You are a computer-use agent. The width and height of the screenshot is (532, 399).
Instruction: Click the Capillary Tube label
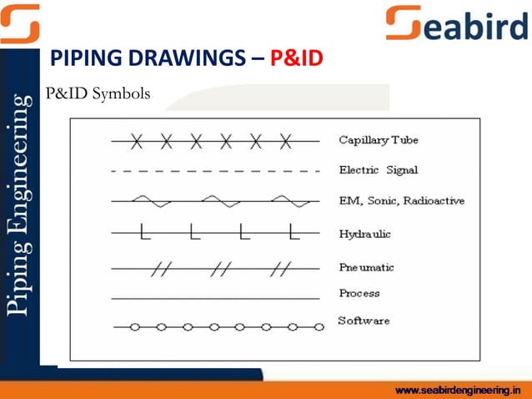pos(378,139)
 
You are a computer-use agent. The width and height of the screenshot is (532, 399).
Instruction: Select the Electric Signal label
pos(378,170)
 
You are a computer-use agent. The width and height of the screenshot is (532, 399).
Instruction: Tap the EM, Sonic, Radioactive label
pos(401,201)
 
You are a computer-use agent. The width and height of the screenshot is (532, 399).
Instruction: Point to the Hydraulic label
pos(364,234)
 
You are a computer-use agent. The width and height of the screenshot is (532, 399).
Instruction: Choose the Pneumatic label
pos(366,267)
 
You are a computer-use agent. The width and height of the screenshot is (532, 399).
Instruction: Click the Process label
pos(359,293)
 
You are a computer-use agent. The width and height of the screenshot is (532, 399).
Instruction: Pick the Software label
pos(363,321)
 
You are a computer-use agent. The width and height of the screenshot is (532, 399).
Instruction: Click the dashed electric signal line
pos(215,171)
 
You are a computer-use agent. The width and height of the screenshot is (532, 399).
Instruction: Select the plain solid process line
pos(215,297)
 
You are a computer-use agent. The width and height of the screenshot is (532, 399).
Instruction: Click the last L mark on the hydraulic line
pos(291,232)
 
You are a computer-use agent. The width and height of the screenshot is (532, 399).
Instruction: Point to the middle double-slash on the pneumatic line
pos(222,268)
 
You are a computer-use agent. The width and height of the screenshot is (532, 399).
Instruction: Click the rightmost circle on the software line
pos(319,327)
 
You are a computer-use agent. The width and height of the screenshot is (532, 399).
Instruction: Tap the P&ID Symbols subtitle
pos(98,93)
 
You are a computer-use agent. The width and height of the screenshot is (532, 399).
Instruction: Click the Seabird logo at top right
pos(457,23)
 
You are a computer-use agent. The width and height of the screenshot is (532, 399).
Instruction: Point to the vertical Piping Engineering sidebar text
pos(19,205)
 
